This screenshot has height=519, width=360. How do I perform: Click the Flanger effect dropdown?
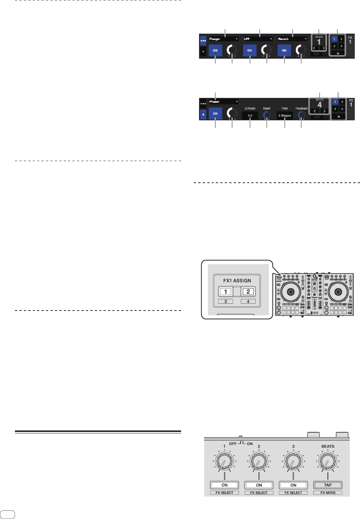[x=223, y=39]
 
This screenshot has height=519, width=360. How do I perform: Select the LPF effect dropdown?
[x=258, y=39]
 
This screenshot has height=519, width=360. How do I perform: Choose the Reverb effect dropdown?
[x=292, y=39]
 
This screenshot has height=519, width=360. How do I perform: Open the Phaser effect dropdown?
[x=223, y=102]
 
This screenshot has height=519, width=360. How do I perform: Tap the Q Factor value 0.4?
[x=250, y=116]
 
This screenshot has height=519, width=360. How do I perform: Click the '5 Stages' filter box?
[x=285, y=116]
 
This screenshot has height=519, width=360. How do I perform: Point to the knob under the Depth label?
[x=267, y=115]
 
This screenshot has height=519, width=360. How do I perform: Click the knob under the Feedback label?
[x=301, y=115]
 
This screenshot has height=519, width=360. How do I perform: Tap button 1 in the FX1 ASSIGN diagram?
[x=226, y=292]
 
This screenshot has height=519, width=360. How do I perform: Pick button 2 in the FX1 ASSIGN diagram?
[x=248, y=292]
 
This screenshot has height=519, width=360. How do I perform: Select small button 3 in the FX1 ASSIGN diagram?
[x=226, y=301]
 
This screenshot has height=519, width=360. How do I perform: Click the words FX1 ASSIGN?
[x=237, y=281]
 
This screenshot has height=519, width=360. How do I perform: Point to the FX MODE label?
[x=328, y=493]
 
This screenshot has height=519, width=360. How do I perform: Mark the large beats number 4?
[x=319, y=105]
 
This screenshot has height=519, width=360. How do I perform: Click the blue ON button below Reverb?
[x=284, y=50]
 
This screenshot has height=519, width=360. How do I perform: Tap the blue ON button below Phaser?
[x=215, y=113]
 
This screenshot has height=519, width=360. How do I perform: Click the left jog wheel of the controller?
[x=291, y=292]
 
